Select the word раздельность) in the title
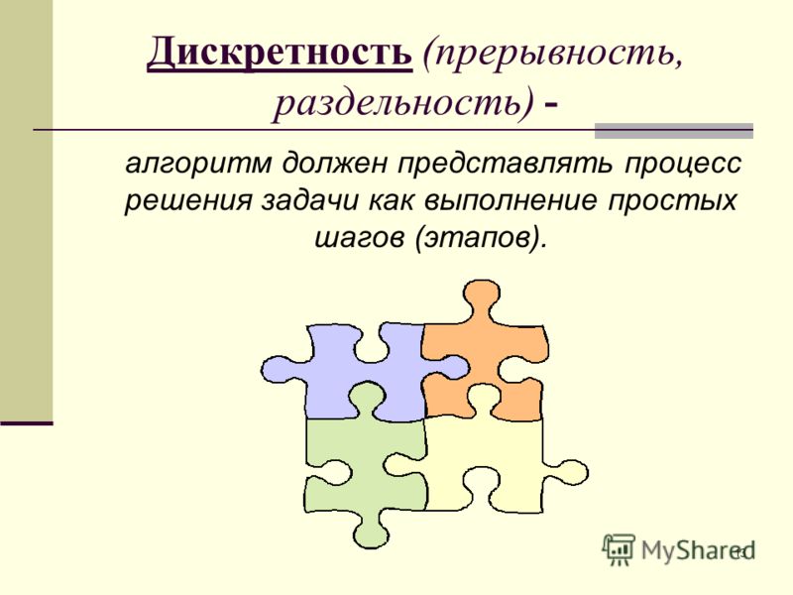pyautogui.click(x=403, y=104)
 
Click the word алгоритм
pyautogui.click(x=198, y=163)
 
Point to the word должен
pyautogui.click(x=334, y=164)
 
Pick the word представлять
pyautogui.click(x=505, y=164)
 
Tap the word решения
pyautogui.click(x=187, y=201)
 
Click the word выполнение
pyautogui.click(x=511, y=201)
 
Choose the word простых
pyautogui.click(x=672, y=202)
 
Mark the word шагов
pyautogui.click(x=360, y=238)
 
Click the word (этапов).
pyautogui.click(x=482, y=238)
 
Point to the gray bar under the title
pyautogui.click(x=674, y=131)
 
